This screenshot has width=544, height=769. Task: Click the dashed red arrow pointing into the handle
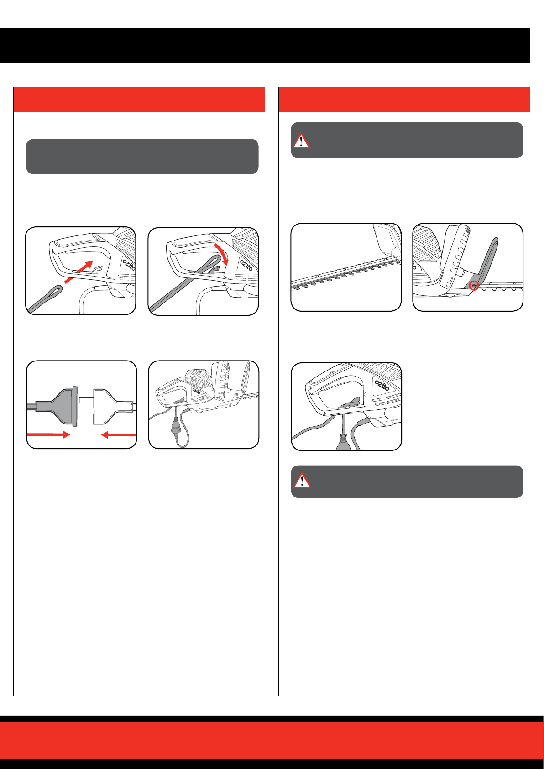[79, 272]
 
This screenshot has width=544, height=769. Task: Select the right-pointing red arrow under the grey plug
[48, 434]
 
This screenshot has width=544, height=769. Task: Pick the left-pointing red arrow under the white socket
[119, 435]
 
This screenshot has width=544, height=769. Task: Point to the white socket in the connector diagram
[113, 407]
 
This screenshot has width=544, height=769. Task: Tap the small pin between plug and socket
[86, 400]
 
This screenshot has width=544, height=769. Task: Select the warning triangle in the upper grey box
[301, 141]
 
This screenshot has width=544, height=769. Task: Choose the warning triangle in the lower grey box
[302, 480]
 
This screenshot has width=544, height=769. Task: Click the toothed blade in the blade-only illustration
[345, 275]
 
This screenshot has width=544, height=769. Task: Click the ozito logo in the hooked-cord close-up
[382, 385]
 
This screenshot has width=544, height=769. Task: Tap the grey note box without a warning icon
[142, 157]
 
